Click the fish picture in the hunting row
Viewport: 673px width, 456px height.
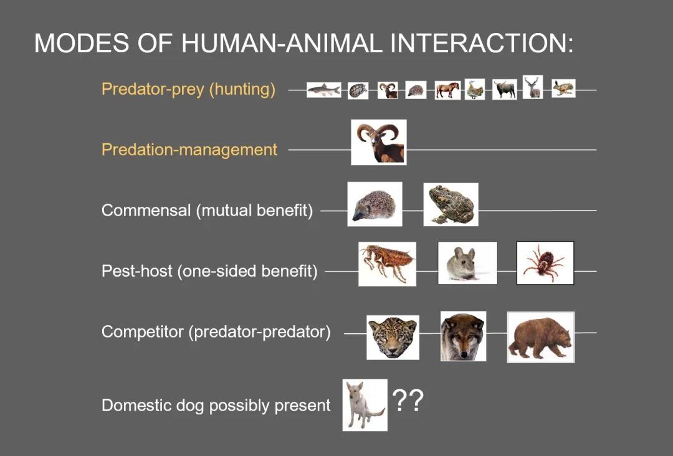click(323, 90)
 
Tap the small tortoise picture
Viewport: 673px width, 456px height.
click(358, 90)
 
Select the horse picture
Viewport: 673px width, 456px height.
click(447, 90)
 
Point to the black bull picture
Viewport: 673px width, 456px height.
click(504, 89)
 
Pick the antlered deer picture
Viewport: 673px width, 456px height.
click(533, 87)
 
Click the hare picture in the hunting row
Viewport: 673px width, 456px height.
click(563, 88)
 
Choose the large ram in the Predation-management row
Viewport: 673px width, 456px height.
click(379, 143)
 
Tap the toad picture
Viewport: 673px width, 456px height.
click(451, 204)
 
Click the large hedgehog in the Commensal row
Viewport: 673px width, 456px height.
click(375, 204)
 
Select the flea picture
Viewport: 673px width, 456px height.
click(387, 264)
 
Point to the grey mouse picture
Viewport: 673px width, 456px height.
click(467, 262)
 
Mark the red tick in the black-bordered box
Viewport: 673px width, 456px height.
click(545, 262)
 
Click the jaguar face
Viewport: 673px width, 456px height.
click(393, 337)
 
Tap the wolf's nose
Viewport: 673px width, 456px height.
click(463, 354)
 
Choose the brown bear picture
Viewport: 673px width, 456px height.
click(541, 337)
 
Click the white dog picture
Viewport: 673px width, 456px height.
click(365, 404)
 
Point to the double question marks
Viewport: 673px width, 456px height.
click(408, 400)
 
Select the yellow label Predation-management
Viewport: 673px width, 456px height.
click(189, 150)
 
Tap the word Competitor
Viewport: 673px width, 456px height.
click(143, 331)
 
